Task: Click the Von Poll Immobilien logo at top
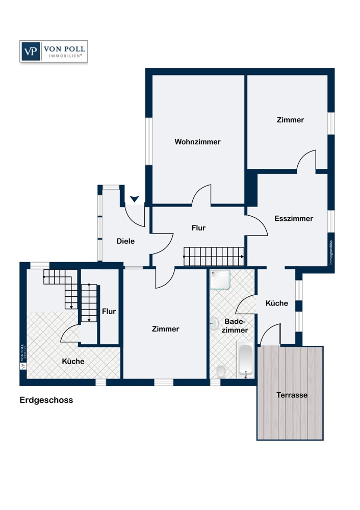coord(54,52)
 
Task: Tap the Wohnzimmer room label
coord(197,142)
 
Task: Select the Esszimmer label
coord(293,218)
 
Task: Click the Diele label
coord(125,241)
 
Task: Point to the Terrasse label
coord(292,395)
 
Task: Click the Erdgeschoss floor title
coord(46,400)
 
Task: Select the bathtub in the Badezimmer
coord(246,360)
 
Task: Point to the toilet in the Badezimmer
coord(220,372)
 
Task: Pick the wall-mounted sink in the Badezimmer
coord(213,323)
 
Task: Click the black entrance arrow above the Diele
coord(135,198)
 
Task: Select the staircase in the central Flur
coord(214,256)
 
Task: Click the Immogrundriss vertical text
coord(331,252)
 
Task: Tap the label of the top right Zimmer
coord(290,120)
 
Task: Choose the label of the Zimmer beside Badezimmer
coord(166,329)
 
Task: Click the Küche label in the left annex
coord(73,361)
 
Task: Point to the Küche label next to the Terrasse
coord(277,303)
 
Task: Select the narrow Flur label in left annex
coord(109,311)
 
